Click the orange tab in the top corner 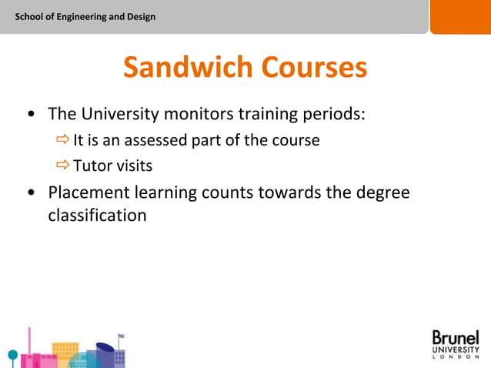click(x=459, y=16)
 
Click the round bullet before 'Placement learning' click(x=30, y=192)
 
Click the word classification click(x=97, y=215)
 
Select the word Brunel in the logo click(x=455, y=338)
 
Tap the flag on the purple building click(x=121, y=337)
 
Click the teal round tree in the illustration click(x=12, y=356)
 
